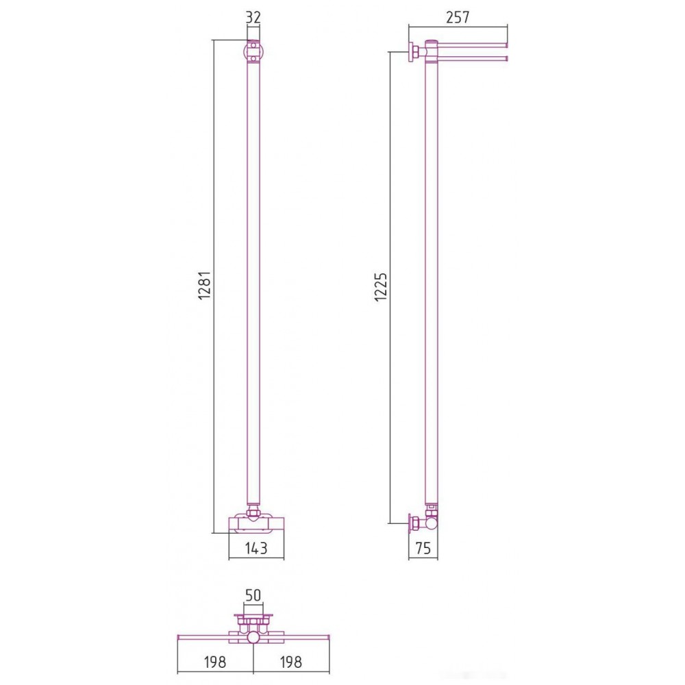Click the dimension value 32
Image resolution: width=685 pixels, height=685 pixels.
(x=253, y=17)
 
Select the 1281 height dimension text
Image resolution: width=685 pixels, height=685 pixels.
(x=204, y=285)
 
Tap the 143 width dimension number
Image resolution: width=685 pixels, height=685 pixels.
(x=256, y=548)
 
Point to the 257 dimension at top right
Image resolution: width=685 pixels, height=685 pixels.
(x=458, y=17)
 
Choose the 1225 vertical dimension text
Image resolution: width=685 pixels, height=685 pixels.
(x=380, y=287)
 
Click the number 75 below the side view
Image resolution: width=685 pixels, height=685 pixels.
(x=423, y=548)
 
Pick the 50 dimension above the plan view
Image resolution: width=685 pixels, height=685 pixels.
(x=253, y=595)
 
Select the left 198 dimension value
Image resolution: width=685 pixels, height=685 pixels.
(x=215, y=662)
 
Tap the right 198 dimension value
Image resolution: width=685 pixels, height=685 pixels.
(x=290, y=662)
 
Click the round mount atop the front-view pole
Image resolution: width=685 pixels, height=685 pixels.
(x=253, y=51)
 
